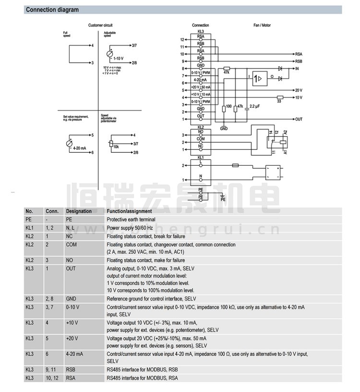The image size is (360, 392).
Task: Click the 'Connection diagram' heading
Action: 52,10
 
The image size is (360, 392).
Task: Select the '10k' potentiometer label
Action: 116,146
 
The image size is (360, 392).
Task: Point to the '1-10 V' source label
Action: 119,58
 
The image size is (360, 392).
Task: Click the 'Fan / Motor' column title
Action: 262,25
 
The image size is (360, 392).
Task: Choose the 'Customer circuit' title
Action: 100,25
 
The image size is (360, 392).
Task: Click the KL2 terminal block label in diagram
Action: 201,127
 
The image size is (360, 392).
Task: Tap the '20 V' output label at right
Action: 298,90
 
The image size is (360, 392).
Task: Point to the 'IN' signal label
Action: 298,69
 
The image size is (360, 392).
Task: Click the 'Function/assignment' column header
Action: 129,211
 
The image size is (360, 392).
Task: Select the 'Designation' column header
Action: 79,211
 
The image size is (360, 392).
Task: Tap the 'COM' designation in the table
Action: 71,245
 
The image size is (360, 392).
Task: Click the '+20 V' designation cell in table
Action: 72,338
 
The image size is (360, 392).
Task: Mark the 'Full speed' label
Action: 66,34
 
